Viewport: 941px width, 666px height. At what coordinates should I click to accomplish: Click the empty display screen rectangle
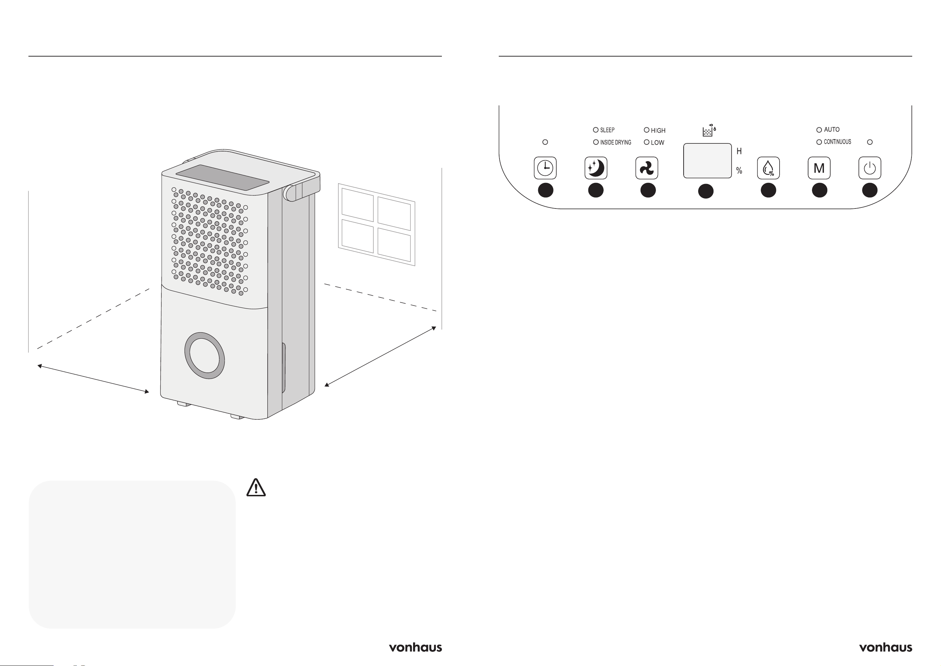tap(707, 160)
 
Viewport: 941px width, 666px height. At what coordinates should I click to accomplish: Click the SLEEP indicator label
tap(608, 130)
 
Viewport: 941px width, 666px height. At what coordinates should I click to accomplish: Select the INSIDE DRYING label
tap(616, 142)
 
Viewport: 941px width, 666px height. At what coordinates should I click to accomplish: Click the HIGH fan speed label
tap(658, 131)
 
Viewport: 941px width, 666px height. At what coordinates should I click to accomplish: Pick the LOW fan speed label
tap(657, 143)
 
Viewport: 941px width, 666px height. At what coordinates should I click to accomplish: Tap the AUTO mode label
tap(832, 129)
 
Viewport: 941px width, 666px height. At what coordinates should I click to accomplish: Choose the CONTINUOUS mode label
tap(837, 142)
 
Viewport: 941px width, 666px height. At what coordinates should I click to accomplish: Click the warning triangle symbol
tap(256, 488)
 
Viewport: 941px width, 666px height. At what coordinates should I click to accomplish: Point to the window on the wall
tap(376, 224)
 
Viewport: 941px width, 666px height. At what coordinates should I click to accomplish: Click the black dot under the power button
tap(870, 190)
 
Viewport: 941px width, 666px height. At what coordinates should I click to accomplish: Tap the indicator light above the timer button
tap(545, 142)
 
